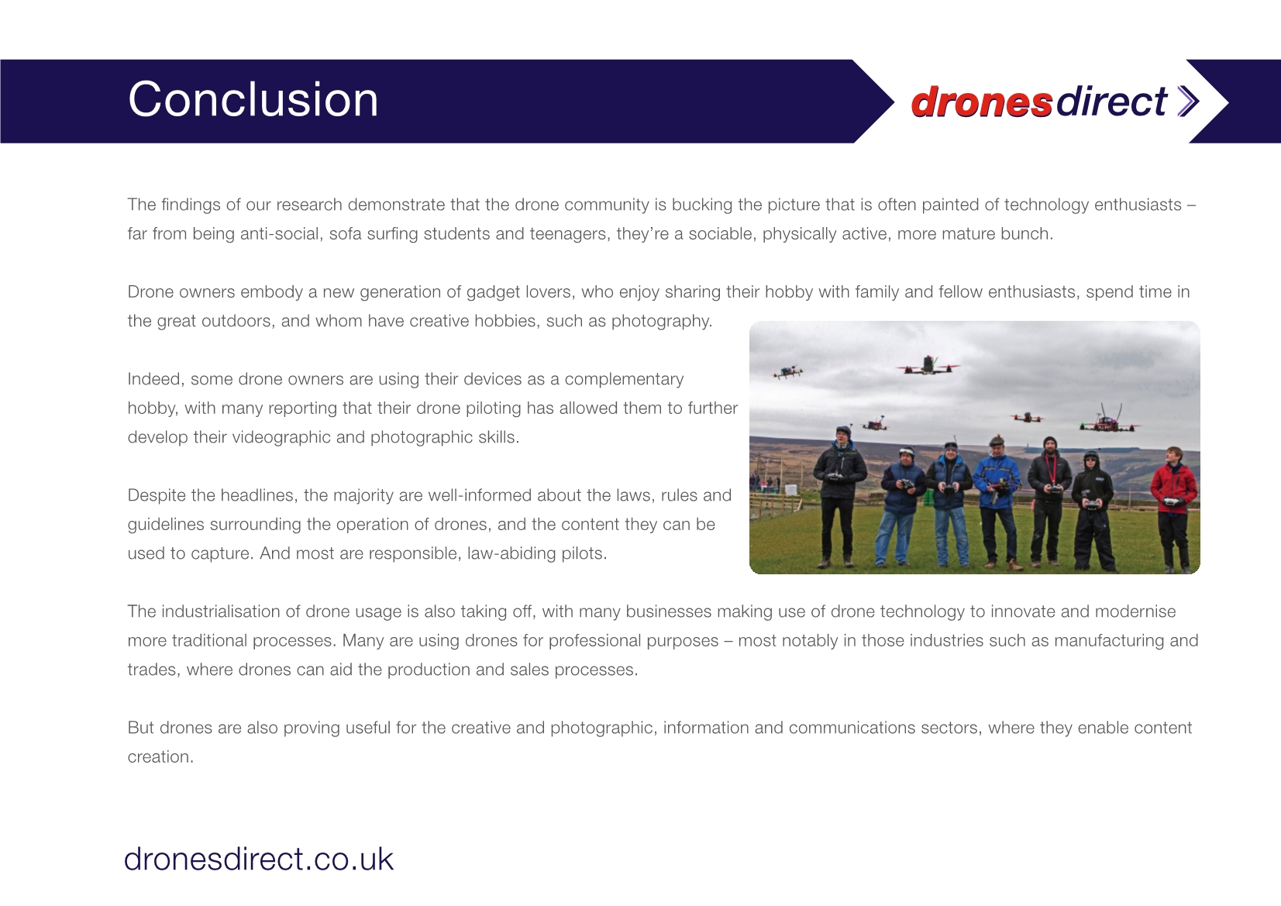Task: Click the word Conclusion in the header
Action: [x=253, y=99]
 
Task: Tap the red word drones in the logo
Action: [x=981, y=102]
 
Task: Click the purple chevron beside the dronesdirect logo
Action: [x=1188, y=102]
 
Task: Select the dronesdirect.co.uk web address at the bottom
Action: [x=259, y=859]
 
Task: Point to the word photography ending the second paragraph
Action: [x=662, y=322]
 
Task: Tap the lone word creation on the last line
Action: [x=160, y=756]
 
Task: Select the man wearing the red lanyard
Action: [x=1049, y=501]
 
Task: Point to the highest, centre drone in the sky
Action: [x=928, y=366]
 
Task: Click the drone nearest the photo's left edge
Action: [x=788, y=372]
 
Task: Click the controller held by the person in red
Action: [x=1172, y=501]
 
